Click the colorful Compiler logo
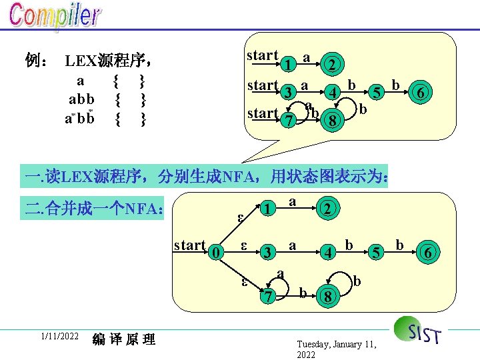point(55,17)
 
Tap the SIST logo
point(417,331)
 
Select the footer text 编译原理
point(124,339)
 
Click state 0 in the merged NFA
point(213,252)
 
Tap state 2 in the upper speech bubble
point(331,65)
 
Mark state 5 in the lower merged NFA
point(377,252)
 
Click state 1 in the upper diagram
point(285,64)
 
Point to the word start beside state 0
point(189,245)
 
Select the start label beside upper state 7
point(261,113)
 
